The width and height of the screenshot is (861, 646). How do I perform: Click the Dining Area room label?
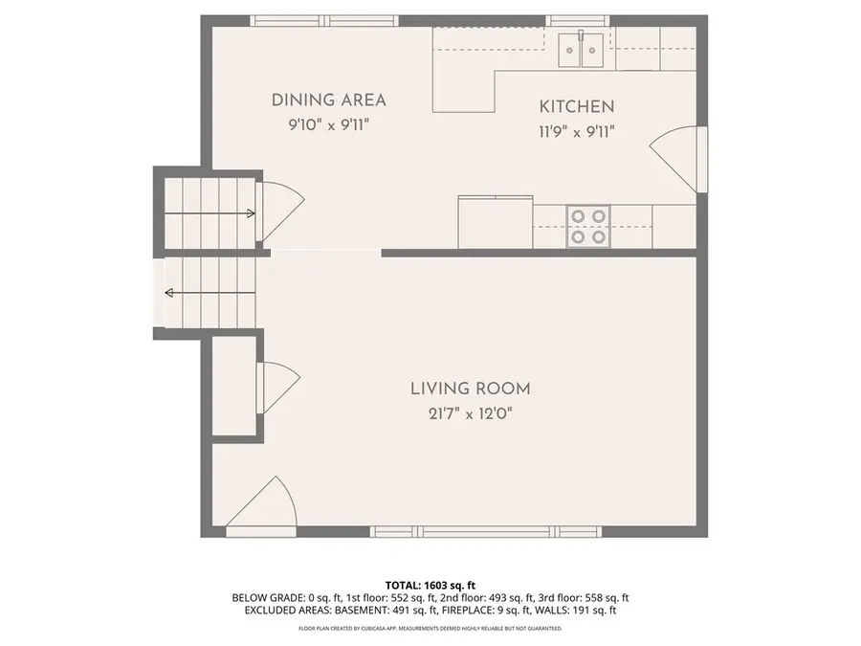click(328, 100)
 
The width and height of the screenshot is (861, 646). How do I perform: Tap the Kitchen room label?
click(576, 107)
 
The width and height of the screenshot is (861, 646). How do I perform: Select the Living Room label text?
click(470, 389)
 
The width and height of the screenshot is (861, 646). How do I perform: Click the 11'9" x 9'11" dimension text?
click(576, 132)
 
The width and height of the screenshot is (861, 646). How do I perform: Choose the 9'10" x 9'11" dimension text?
click(328, 124)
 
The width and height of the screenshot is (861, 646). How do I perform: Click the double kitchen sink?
click(582, 48)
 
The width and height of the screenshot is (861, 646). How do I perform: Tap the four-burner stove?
click(588, 226)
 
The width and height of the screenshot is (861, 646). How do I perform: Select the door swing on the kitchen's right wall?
click(675, 155)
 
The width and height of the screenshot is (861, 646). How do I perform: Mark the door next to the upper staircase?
click(281, 211)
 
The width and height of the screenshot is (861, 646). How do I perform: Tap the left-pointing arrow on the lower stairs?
click(170, 293)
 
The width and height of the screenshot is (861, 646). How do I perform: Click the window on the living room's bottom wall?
click(461, 531)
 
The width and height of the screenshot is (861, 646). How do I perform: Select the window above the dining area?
click(323, 19)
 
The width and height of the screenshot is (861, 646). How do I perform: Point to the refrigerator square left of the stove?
click(495, 222)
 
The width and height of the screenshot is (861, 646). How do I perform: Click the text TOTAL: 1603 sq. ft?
click(430, 585)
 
